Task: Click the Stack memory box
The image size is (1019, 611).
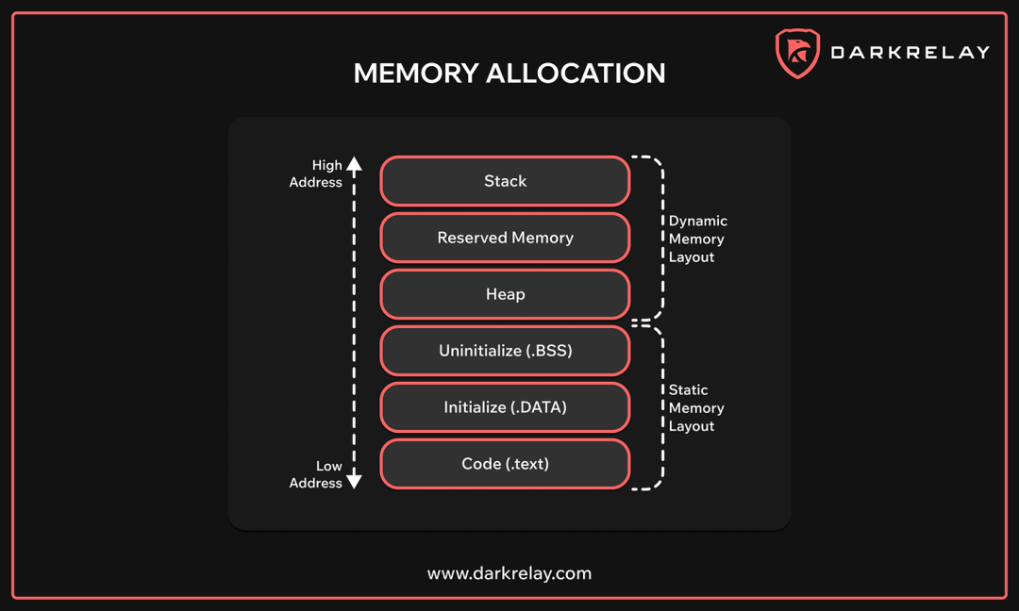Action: point(505,181)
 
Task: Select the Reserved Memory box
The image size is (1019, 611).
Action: point(505,238)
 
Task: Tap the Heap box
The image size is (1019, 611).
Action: point(505,294)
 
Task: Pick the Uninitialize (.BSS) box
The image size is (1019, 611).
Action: point(505,351)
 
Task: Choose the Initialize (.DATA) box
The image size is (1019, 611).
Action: point(505,407)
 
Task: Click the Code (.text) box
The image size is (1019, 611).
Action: point(505,464)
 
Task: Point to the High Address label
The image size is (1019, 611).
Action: point(316,173)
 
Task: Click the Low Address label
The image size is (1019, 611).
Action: point(316,474)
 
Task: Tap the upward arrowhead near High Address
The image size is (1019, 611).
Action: point(354,164)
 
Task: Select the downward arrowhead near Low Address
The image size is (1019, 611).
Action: point(354,481)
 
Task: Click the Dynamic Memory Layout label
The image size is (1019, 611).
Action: point(697,239)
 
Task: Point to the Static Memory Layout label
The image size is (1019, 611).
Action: point(696,407)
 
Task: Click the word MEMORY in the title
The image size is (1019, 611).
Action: point(415,74)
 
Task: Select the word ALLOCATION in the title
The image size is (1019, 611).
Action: point(576,74)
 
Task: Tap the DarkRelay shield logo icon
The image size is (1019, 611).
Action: point(797,53)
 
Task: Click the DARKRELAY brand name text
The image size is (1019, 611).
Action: point(910,53)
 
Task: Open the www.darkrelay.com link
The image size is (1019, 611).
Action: point(509,573)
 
